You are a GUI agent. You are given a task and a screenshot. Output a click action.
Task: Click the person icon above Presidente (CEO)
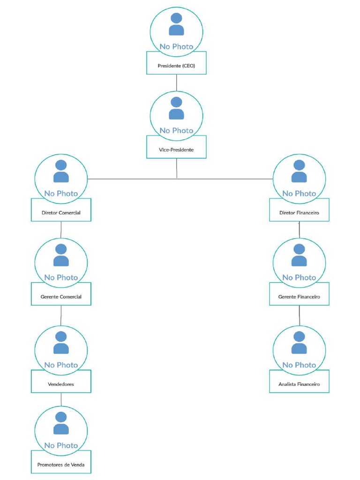click(x=176, y=24)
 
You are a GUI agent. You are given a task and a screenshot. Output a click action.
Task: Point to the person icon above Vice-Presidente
click(x=176, y=108)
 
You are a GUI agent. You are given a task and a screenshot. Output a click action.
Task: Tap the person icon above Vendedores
click(x=61, y=343)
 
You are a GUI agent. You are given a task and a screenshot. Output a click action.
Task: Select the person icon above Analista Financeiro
click(x=299, y=343)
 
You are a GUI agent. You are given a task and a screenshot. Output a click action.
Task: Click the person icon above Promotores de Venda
click(x=61, y=423)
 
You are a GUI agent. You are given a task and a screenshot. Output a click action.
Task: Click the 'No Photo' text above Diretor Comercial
click(x=61, y=193)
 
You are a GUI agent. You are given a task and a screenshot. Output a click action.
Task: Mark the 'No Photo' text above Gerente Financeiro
click(x=299, y=277)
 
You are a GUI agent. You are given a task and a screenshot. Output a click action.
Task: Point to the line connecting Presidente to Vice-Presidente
click(x=176, y=82)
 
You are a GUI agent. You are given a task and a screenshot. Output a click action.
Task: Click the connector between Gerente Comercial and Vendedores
click(x=61, y=315)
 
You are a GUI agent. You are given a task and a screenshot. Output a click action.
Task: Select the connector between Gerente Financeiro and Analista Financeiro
click(x=299, y=315)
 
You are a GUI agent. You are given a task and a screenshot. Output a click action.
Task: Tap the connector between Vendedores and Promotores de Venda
click(x=61, y=399)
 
